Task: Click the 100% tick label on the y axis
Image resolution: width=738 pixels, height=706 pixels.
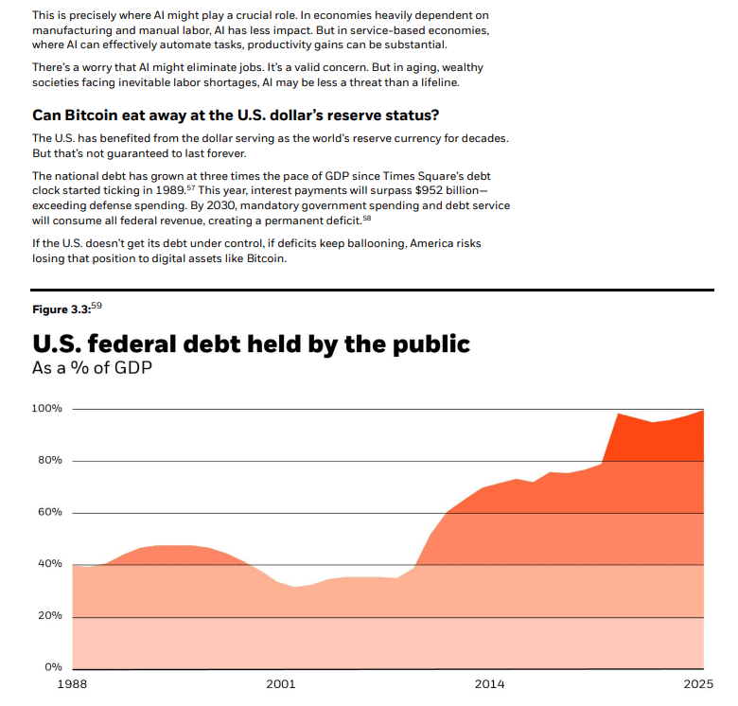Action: coord(46,409)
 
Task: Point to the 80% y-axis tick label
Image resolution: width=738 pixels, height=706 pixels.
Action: coord(48,461)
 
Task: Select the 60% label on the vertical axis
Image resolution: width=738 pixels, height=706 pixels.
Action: coord(48,512)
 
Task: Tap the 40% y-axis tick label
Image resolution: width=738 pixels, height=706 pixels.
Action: coord(48,564)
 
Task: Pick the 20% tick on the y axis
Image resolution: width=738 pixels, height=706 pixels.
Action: coord(48,616)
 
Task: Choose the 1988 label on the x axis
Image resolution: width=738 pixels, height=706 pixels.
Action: coord(72,683)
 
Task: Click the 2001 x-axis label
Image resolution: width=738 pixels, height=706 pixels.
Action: coord(281,683)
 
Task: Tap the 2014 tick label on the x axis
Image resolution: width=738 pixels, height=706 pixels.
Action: coord(490,683)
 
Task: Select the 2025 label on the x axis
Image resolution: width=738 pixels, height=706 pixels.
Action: coord(698,683)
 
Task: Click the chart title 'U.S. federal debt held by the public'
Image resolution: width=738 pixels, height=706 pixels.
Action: coord(251,344)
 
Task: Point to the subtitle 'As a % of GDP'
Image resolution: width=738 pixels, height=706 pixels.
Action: coord(92,368)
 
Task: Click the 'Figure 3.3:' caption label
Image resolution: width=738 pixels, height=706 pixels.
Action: coord(61,310)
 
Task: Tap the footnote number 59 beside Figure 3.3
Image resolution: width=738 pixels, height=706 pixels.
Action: coord(97,307)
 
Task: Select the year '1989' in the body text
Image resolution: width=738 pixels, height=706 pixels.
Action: coord(167,191)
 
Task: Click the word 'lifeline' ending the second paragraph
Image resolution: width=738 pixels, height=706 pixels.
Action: coord(433,82)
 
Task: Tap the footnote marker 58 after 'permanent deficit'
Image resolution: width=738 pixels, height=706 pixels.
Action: coord(367,218)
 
